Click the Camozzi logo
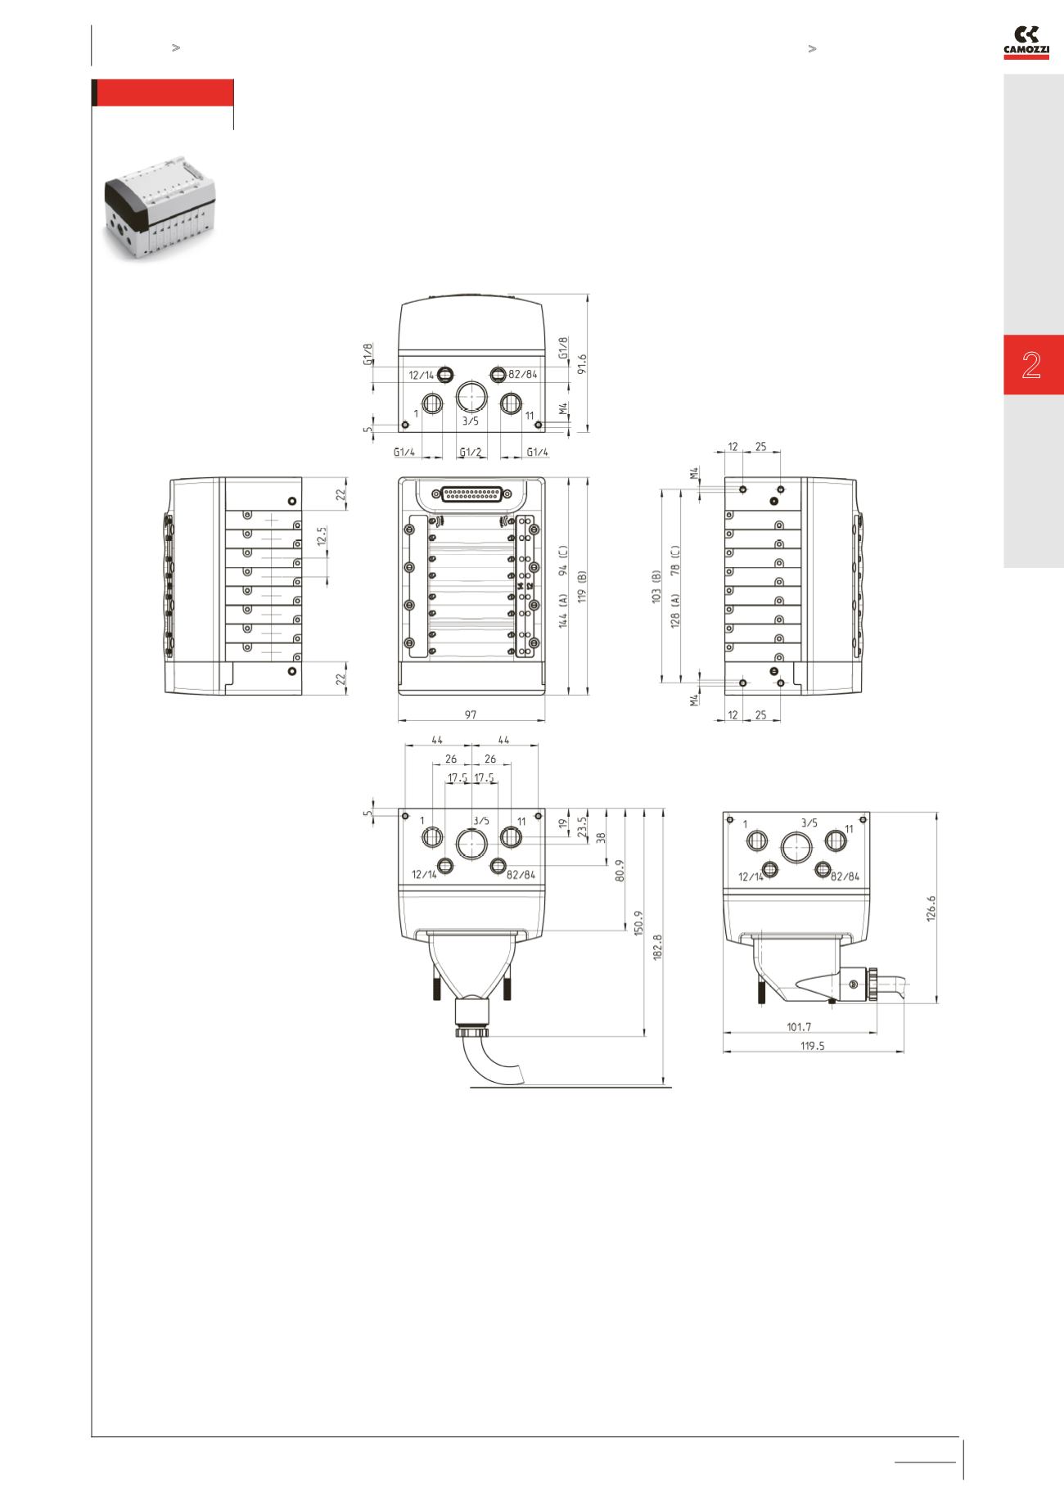click(x=1026, y=43)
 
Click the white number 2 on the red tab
click(x=1031, y=365)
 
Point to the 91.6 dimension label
click(x=582, y=363)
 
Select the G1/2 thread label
click(x=471, y=452)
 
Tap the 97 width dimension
click(x=471, y=714)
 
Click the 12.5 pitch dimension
click(x=322, y=537)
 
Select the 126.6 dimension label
click(x=931, y=908)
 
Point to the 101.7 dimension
click(x=799, y=1026)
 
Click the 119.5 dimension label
click(x=811, y=1046)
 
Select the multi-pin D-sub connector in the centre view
click(x=471, y=494)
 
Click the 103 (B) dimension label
click(x=656, y=587)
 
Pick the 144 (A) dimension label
click(x=564, y=611)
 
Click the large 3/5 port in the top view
click(x=471, y=395)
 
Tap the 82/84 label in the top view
click(x=523, y=375)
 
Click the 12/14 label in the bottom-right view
click(x=751, y=876)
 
